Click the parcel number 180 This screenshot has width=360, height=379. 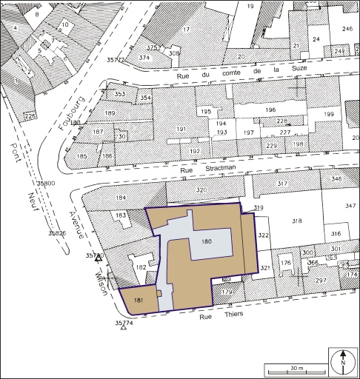pos(207,242)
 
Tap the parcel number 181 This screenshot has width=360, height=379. pos(139,299)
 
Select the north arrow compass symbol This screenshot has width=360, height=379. pos(343,361)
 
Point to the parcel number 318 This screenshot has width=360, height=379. pos(297,221)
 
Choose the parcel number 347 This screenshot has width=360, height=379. pos(350,205)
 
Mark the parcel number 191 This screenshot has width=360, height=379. pos(180,129)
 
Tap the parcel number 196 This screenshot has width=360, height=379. pos(270,110)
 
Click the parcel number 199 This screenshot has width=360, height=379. pos(328,114)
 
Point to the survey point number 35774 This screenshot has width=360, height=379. pos(124,323)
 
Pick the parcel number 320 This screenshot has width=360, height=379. pos(200,190)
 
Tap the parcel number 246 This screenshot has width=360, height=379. pos(346,29)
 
